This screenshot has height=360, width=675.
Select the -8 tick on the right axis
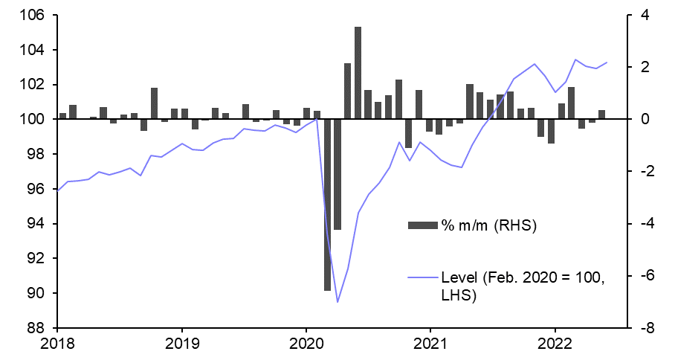click(643, 328)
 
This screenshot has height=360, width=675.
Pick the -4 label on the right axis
click(643, 224)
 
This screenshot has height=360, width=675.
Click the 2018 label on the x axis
click(57, 344)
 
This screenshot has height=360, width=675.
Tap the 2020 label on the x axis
click(306, 344)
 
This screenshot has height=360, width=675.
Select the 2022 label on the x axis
click(555, 344)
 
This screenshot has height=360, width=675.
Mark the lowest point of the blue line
click(337, 302)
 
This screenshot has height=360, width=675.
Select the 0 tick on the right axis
click(644, 120)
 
